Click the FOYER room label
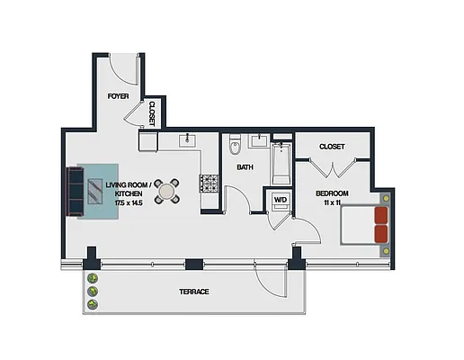coord(119,95)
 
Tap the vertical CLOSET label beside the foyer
coord(152,114)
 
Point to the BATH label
coord(245,167)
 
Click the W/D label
coord(280,200)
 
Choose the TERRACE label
coord(193,292)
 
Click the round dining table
coord(166,190)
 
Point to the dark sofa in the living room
coord(70,190)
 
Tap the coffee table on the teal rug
coord(94,190)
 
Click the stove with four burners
coord(210,184)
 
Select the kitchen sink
coord(189,140)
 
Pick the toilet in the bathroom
coord(235,146)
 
